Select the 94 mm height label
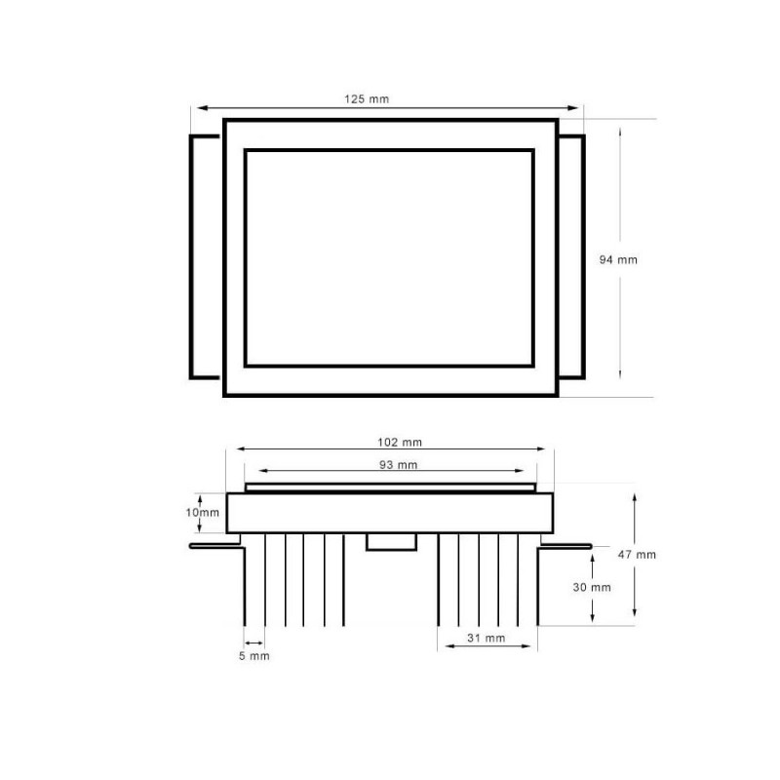(617, 259)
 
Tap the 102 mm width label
(391, 441)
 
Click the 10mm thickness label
(203, 512)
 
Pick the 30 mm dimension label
(593, 587)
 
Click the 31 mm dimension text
(487, 639)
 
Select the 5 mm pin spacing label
(253, 656)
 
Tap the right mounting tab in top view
(571, 256)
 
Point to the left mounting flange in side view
(215, 547)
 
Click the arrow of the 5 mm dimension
(253, 641)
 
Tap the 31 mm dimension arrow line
(487, 646)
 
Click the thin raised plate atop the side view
(390, 487)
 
